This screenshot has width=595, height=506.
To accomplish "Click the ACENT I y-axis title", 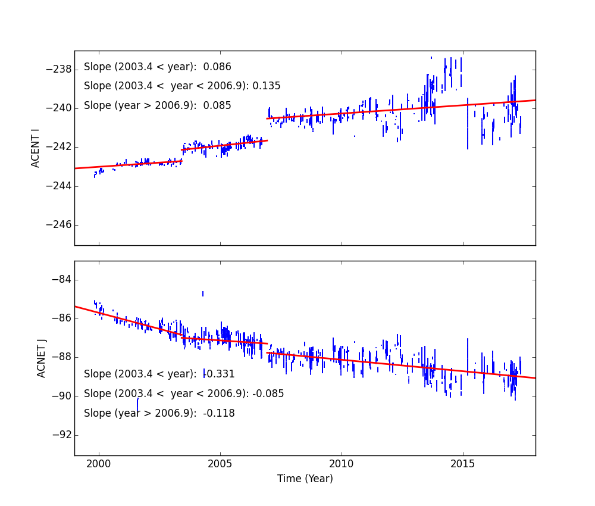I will (36, 148).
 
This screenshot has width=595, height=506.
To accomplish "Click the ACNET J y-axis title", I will (42, 358).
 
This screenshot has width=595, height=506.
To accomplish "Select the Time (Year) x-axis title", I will (305, 479).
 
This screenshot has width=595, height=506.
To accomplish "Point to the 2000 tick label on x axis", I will (99, 464).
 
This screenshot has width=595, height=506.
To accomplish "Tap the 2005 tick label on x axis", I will (220, 464).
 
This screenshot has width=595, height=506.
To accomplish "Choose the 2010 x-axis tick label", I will (342, 464).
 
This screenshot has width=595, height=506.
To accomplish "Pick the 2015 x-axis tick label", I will (463, 464).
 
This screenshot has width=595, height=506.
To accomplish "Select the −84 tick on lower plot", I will (62, 280).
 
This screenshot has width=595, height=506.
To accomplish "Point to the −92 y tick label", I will (62, 435).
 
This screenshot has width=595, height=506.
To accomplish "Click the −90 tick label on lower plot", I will (62, 396).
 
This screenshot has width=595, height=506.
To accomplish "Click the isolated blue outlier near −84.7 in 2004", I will (203, 293).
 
